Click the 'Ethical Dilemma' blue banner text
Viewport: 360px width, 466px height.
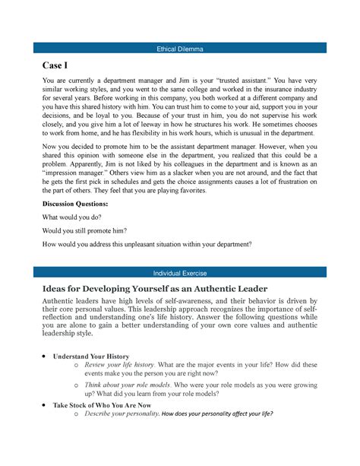click(x=180, y=48)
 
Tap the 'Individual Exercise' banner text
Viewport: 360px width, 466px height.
click(x=180, y=271)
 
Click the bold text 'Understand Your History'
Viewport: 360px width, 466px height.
click(x=90, y=356)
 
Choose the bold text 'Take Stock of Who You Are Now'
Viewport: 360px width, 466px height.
click(x=102, y=405)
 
